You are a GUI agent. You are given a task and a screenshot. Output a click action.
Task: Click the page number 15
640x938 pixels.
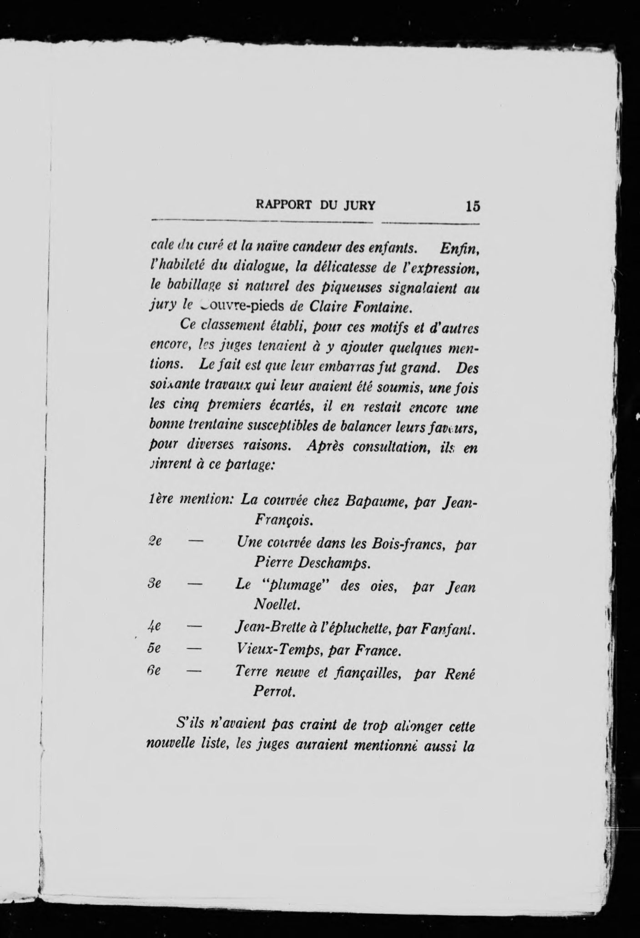473,206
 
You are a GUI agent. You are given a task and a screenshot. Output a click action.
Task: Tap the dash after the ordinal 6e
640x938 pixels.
194,672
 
